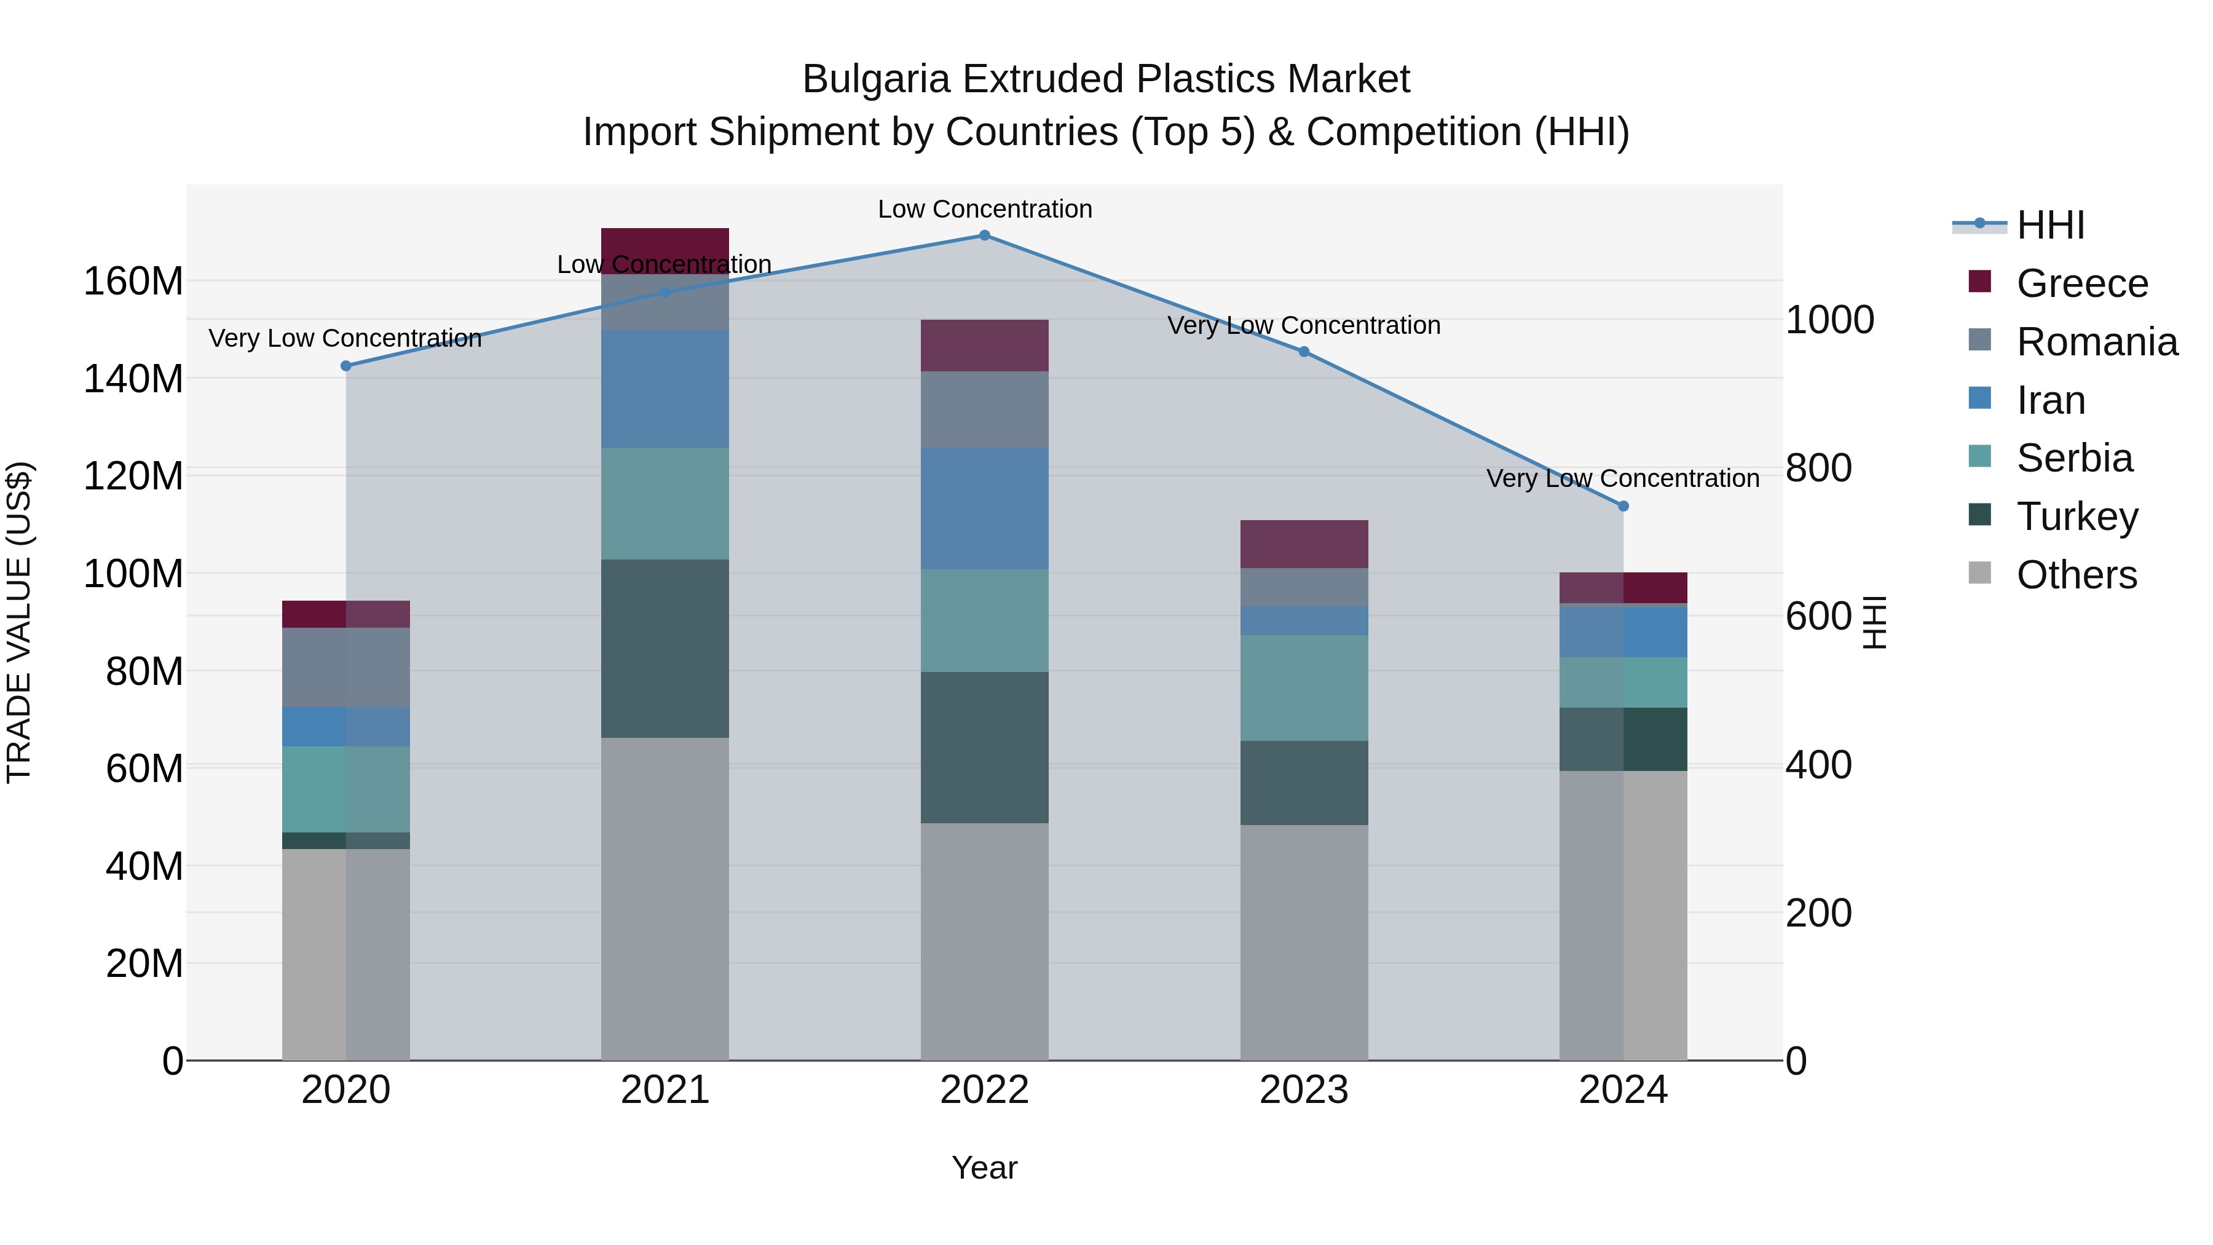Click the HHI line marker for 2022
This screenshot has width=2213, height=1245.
pos(985,235)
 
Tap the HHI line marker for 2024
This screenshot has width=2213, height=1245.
pos(1623,506)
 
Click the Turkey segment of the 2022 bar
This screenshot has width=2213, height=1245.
pos(985,748)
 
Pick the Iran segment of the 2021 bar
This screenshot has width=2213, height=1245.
pos(665,389)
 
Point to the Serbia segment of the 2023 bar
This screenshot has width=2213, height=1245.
pos(1303,687)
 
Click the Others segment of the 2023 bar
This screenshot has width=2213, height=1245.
pos(1303,943)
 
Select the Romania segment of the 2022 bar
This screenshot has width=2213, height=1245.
pos(985,409)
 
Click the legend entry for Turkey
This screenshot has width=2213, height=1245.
pos(2077,516)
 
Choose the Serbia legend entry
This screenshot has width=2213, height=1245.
pos(2074,458)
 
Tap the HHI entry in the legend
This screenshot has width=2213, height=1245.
pos(2049,225)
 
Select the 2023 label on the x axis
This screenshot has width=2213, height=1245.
pos(1303,1090)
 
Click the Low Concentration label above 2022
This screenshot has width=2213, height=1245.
pos(985,209)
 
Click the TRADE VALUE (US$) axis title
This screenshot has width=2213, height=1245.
pos(19,622)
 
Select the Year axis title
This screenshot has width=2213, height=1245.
pos(985,1168)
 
